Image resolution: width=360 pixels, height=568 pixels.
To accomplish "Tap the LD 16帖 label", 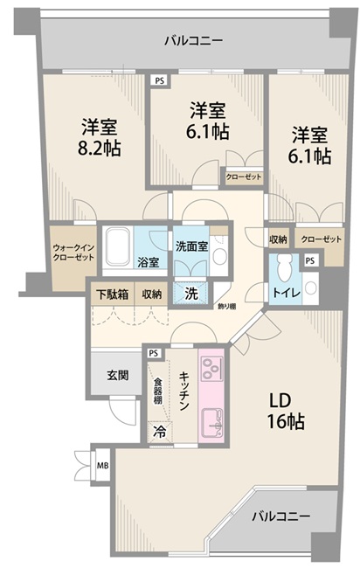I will (286, 412).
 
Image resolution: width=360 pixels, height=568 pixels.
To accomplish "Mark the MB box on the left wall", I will (103, 465).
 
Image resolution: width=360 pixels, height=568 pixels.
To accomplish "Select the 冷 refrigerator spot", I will (160, 430).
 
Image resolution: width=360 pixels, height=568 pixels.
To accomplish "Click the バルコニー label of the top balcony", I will (194, 40).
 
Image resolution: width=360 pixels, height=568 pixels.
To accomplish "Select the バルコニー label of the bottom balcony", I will (280, 517).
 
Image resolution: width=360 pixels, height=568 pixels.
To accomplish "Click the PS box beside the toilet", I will (311, 260).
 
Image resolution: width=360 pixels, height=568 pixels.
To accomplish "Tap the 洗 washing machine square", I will (190, 294).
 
